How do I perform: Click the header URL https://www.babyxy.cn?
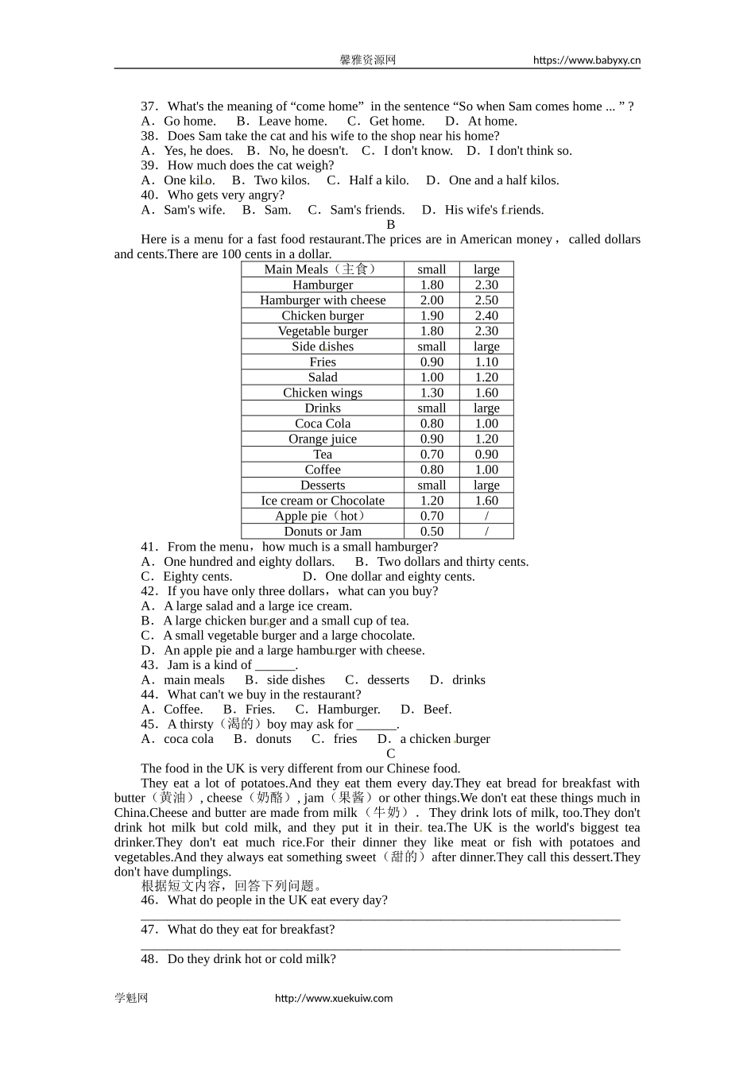587,60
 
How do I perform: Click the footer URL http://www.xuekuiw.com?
334,998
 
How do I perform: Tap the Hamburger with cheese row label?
323,300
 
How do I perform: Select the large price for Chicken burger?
486,315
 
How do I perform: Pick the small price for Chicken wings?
432,393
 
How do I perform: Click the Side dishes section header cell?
323,346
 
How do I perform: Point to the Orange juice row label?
323,439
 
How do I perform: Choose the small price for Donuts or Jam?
432,532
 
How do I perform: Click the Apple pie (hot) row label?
323,516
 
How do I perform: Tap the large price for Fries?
486,362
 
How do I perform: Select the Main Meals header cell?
323,269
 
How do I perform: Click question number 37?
149,106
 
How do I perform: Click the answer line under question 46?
380,918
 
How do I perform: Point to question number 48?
149,959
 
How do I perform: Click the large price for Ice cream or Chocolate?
486,501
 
